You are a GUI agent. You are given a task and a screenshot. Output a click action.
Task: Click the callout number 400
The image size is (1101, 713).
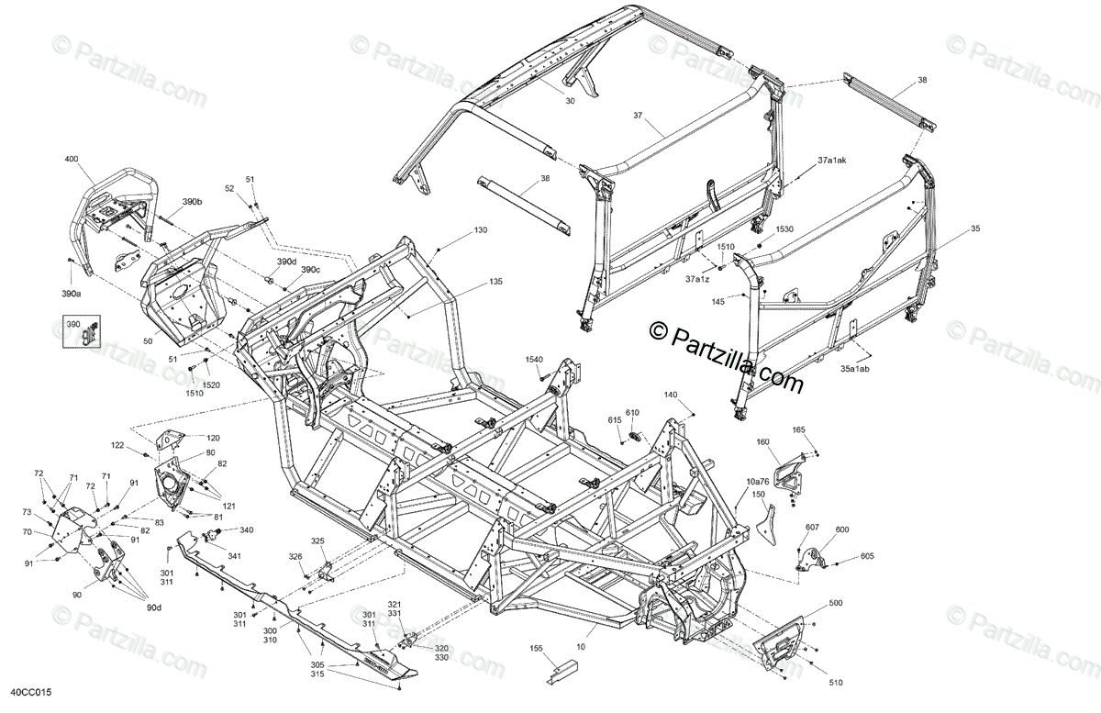pos(72,160)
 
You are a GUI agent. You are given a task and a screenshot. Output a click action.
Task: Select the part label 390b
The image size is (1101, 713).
pos(192,201)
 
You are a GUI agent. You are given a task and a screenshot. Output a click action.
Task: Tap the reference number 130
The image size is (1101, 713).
pos(481,229)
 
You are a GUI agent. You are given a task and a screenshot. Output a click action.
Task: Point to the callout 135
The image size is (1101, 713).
pos(495,281)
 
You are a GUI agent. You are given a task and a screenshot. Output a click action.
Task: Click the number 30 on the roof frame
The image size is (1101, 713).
pos(570,101)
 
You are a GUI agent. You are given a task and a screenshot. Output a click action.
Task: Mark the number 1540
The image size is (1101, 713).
pos(534,360)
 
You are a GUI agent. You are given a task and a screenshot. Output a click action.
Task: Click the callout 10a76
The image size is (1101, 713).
pos(758,482)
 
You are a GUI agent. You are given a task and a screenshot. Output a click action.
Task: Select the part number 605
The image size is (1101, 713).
pos(867,557)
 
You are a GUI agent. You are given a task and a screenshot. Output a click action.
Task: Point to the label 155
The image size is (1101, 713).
pos(537,648)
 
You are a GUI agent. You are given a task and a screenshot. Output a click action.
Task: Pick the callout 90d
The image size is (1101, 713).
pos(152,607)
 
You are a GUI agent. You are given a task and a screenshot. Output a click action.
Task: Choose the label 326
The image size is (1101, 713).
pos(295,557)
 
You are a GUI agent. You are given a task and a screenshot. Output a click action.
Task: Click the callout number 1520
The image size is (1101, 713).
pos(211,384)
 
